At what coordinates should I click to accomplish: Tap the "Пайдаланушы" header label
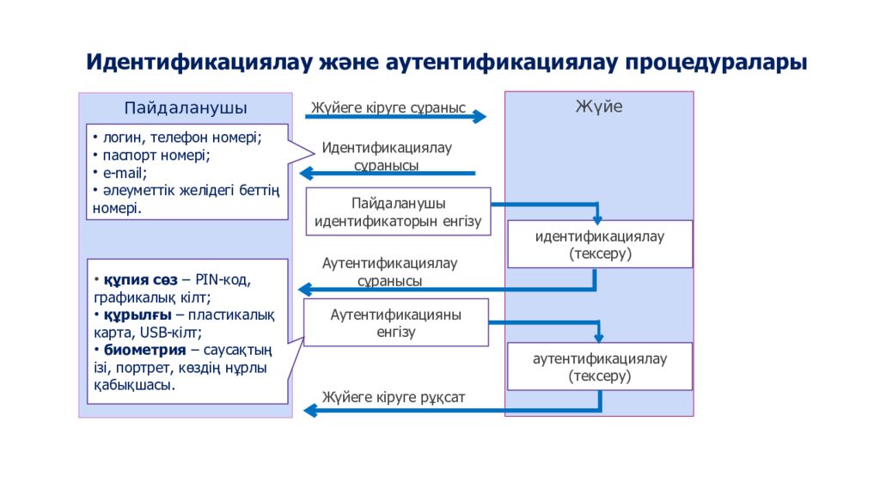coord(186,108)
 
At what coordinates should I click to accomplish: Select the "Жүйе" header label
coord(599,107)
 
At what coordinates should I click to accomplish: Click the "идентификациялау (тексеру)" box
coord(600,245)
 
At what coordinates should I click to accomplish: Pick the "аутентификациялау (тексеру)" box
coord(600,367)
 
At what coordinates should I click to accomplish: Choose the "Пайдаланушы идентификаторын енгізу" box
coord(398,212)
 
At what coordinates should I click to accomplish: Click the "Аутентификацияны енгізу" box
coord(396,322)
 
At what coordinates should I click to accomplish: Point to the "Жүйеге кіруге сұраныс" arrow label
coord(388,108)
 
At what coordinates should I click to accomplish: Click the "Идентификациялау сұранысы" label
coord(387,156)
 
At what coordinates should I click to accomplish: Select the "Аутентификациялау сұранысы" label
coord(389,272)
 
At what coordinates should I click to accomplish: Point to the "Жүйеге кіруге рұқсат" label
coord(394,397)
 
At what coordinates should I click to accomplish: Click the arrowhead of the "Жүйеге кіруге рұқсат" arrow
coord(310,411)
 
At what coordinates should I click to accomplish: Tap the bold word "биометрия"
coord(144,350)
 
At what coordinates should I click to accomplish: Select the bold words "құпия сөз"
coord(140,281)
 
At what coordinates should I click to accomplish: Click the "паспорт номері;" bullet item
coord(156,156)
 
